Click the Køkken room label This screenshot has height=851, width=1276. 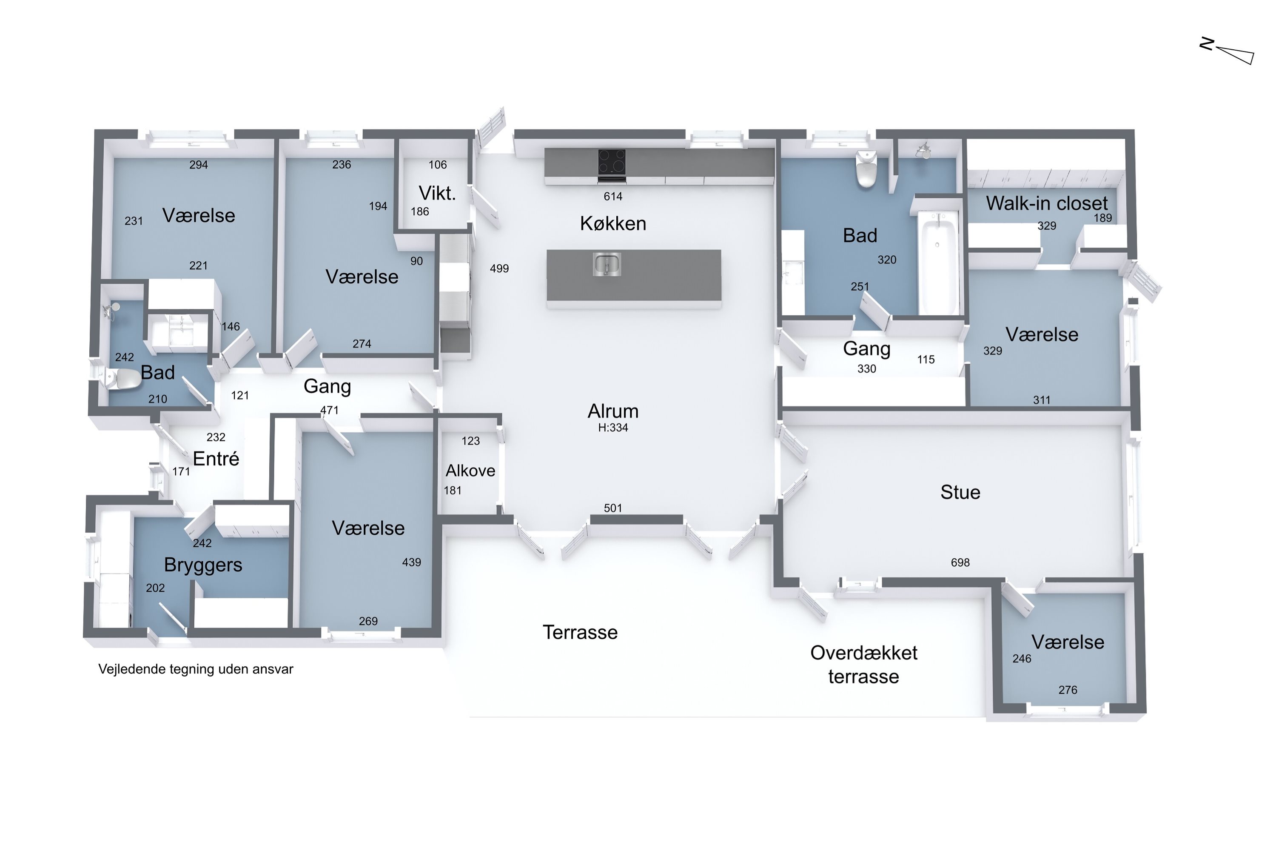613,224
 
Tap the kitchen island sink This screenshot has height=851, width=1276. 607,264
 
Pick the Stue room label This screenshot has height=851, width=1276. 960,492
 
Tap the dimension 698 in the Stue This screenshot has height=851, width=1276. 960,562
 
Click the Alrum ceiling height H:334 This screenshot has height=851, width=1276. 613,428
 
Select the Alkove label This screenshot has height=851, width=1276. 470,471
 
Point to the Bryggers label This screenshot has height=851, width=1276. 203,565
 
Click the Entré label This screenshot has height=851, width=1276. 216,459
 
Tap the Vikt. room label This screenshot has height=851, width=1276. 437,193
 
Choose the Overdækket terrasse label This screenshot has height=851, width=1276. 864,665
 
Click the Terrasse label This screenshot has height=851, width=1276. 580,632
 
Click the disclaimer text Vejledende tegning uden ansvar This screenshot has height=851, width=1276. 196,669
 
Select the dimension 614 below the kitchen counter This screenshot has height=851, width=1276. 613,197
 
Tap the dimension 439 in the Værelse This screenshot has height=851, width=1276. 411,562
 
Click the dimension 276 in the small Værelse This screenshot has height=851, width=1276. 1068,690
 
